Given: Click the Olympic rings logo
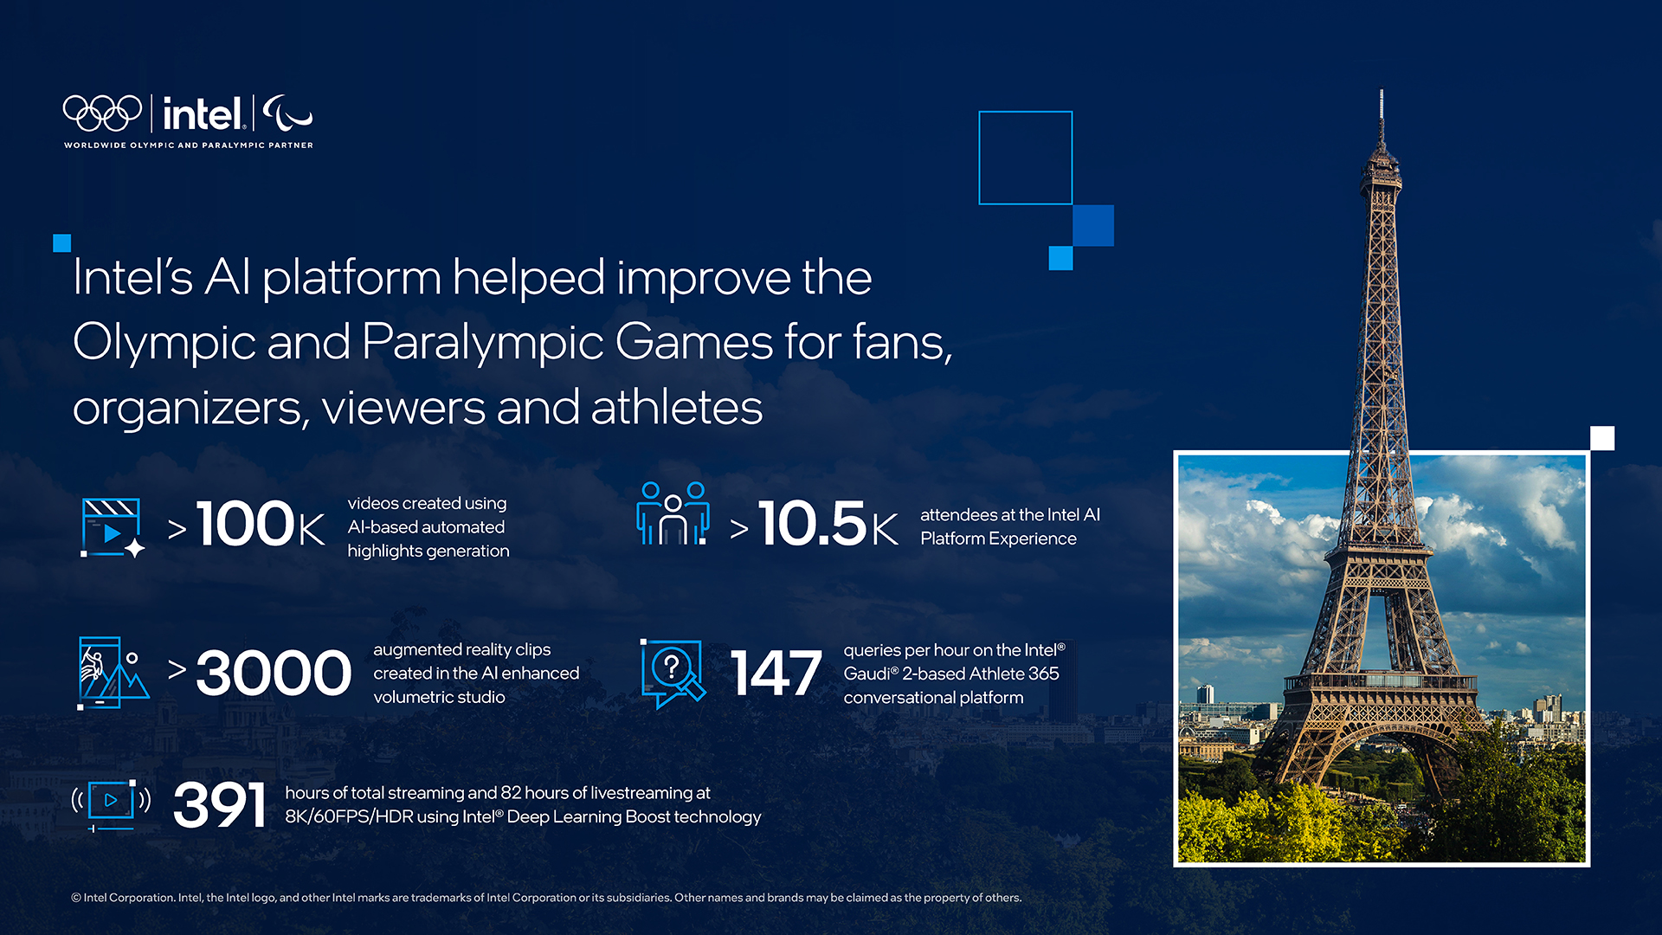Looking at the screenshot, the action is pos(102,113).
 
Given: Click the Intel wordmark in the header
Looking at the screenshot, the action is pos(203,113).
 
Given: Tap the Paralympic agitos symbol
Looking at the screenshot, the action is pos(287,113).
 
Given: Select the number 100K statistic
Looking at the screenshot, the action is pos(261,524).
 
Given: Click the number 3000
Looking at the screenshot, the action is pos(274,673).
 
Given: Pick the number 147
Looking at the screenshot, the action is pos(776,673).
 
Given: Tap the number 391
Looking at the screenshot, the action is pos(219,804).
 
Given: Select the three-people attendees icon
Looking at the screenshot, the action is pos(673,513).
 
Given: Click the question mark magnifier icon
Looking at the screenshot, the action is pos(673,674).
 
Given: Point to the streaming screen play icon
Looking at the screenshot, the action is pos(111,804).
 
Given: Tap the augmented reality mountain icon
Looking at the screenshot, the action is pos(113,673).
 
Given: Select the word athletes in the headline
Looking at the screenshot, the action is pos(676,407).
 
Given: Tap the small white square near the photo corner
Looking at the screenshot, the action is pos(1602,438).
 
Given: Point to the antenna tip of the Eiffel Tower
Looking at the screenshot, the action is pos(1382,91).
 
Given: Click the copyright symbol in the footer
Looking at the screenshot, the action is pos(76,898).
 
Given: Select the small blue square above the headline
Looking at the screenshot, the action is pos(61,243).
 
